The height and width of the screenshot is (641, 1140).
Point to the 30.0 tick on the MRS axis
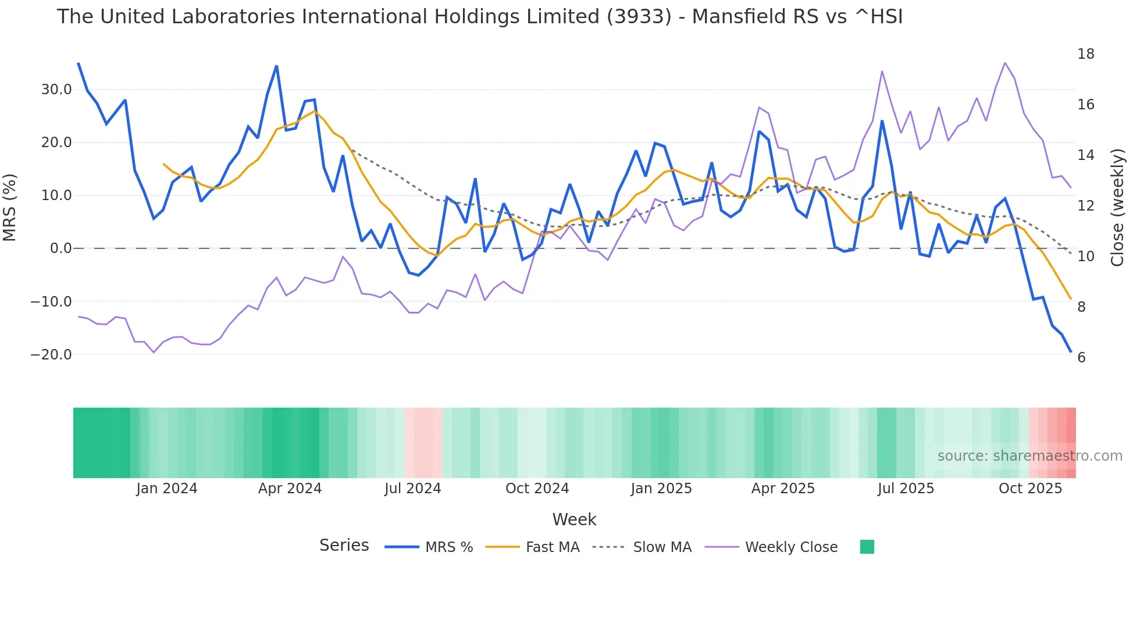[56, 90]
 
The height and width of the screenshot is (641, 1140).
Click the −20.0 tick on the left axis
[52, 355]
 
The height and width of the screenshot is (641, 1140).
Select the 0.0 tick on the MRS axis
[60, 248]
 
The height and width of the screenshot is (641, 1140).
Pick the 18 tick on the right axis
[1085, 54]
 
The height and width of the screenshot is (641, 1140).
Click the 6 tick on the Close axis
[1081, 358]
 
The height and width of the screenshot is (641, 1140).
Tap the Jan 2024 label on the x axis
[167, 489]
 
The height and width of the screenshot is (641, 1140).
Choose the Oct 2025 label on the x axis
[1030, 489]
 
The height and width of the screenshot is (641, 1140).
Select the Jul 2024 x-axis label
[412, 489]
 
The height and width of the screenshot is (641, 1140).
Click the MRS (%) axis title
[10, 207]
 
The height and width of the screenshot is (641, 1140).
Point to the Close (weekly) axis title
[1117, 207]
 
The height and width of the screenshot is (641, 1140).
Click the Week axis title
[574, 519]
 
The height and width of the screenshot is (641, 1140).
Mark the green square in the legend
[867, 547]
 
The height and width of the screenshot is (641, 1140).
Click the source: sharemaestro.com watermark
[1029, 456]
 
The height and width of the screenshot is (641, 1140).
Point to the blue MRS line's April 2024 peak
[277, 66]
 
